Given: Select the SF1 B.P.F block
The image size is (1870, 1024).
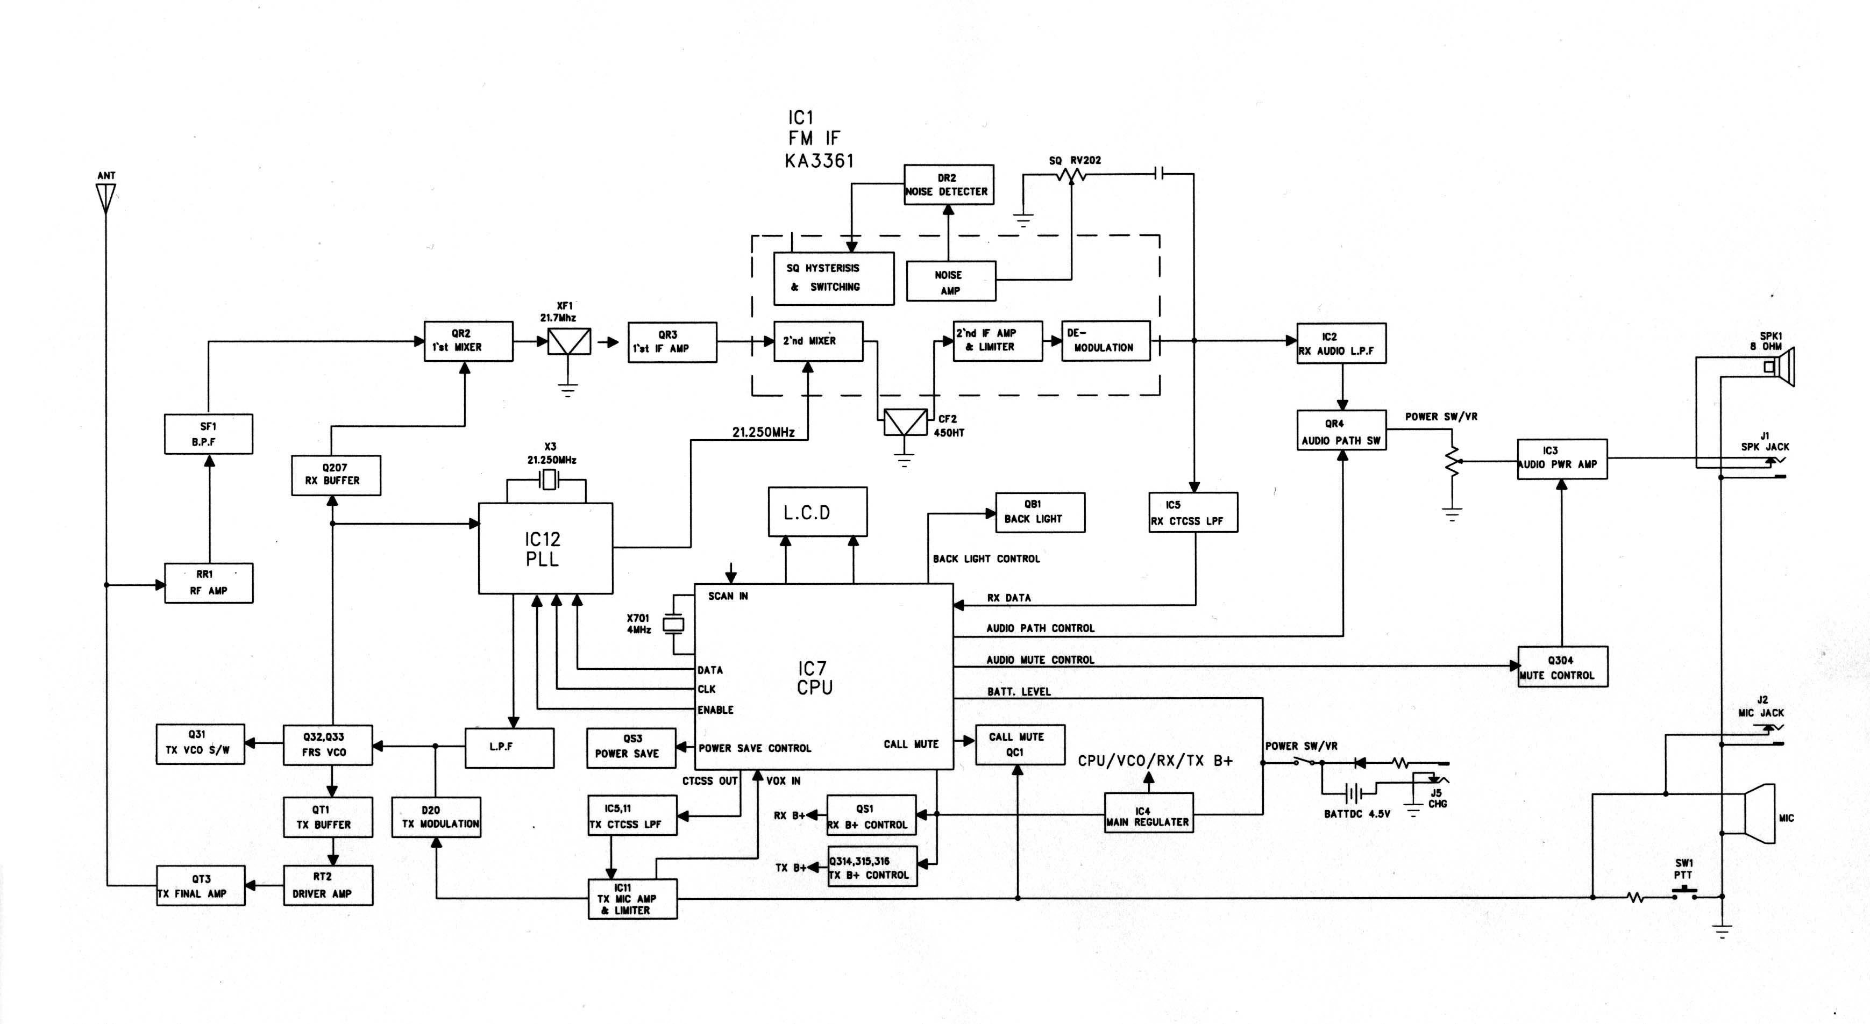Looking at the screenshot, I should coord(208,434).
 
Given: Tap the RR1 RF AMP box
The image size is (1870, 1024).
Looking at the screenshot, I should coord(208,583).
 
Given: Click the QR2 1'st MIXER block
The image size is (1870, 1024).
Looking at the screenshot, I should coord(468,341).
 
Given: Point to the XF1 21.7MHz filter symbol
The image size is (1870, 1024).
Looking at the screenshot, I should coord(569,341).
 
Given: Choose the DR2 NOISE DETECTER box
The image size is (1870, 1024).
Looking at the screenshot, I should coord(947,185).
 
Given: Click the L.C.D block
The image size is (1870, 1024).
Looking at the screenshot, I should coord(817,512).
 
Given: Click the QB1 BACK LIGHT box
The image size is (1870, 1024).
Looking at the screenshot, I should coord(1040,512).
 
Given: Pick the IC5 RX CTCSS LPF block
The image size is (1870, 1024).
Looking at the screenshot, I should coord(1193,512).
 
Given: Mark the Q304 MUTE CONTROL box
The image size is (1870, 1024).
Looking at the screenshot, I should coord(1562,667).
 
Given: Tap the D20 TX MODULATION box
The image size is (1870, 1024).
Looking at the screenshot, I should coord(436,817).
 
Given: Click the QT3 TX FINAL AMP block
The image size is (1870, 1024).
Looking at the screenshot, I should coord(201,885).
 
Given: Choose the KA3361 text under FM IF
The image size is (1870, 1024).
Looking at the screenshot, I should coord(820,160).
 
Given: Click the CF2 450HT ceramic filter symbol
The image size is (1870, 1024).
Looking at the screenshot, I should coord(905,423).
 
